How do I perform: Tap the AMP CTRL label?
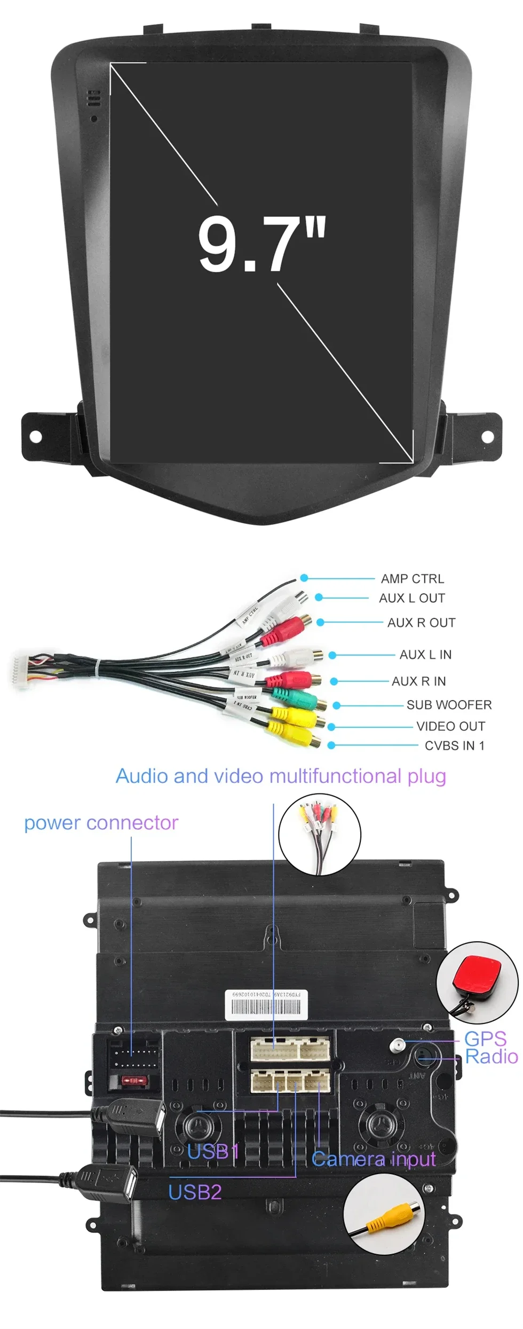(412, 579)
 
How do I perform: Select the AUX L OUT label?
(411, 598)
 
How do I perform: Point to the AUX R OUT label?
(421, 623)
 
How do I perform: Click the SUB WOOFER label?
(449, 705)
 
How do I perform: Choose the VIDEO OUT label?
(450, 726)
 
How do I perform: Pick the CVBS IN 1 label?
(454, 745)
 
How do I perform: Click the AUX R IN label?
(418, 681)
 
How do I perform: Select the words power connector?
(101, 823)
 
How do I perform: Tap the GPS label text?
(485, 1039)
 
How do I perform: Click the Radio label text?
(491, 1057)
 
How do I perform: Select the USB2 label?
(195, 1192)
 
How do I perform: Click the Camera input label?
(374, 1159)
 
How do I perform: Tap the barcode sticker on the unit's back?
(267, 1005)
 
